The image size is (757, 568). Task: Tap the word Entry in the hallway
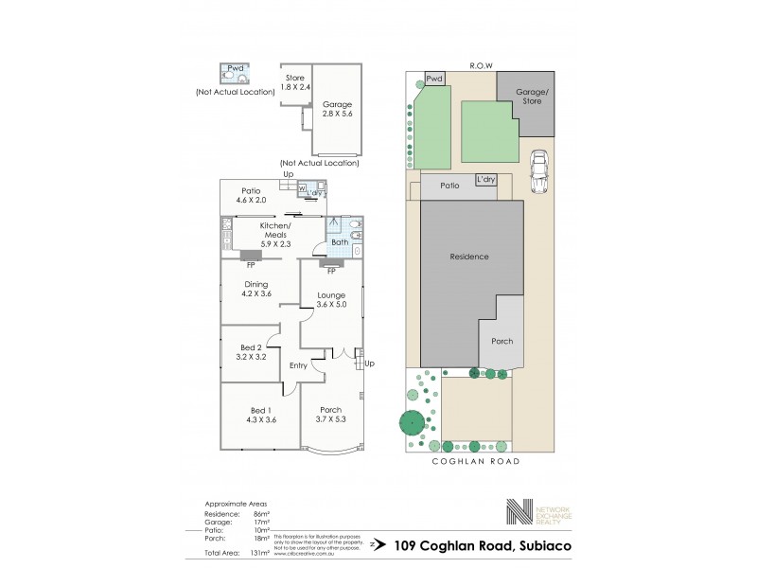(x=298, y=365)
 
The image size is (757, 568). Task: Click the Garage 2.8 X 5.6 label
(x=337, y=107)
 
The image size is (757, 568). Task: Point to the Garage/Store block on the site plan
(x=532, y=97)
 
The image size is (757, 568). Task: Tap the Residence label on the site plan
(x=469, y=257)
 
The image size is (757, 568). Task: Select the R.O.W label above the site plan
(x=483, y=65)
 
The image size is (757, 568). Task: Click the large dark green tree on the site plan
(x=414, y=424)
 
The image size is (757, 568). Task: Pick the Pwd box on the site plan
(x=434, y=79)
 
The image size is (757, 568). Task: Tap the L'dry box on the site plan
(x=486, y=179)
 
